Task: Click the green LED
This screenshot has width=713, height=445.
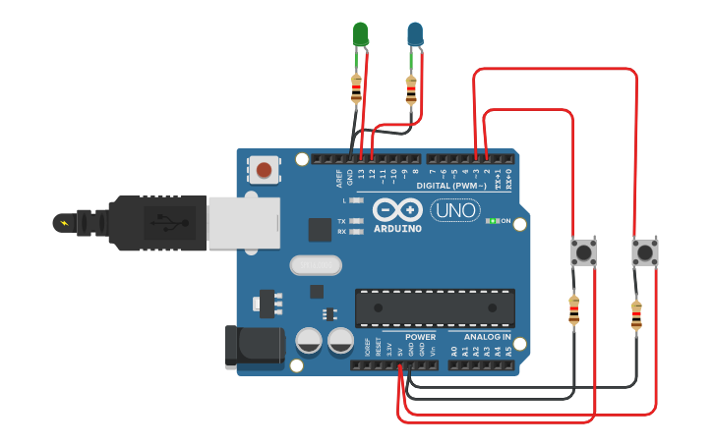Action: [361, 34]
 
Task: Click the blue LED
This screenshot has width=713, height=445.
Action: [416, 35]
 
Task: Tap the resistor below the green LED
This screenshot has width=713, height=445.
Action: [356, 88]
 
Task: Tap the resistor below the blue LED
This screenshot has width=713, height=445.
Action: [411, 90]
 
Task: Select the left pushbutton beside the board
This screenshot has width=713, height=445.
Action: [584, 252]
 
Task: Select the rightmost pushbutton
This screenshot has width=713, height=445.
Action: [644, 252]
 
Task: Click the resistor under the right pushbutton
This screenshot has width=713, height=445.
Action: [636, 315]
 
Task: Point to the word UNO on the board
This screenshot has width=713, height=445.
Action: [455, 210]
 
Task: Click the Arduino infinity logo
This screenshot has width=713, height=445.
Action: [397, 210]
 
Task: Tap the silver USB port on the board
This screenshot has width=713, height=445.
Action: [242, 220]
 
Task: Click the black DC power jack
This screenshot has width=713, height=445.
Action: [254, 345]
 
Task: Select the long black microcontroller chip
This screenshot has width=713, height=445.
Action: [435, 308]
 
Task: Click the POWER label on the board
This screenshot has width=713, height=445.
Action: [420, 337]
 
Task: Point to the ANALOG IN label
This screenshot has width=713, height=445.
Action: [487, 337]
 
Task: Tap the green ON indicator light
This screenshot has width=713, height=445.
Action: [492, 221]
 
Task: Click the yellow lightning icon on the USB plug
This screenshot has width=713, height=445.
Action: [65, 223]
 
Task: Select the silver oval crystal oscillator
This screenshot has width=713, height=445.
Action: [316, 264]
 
